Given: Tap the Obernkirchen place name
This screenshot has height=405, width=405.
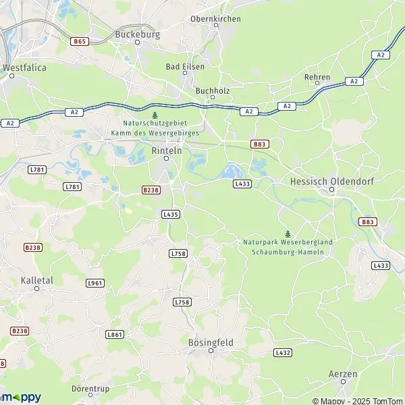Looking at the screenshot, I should pyautogui.click(x=215, y=19).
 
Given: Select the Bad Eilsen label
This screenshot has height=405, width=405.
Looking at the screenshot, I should pyautogui.click(x=185, y=67).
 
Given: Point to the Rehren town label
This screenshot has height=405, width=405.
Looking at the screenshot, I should pyautogui.click(x=317, y=77).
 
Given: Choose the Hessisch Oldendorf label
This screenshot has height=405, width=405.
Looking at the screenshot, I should pyautogui.click(x=331, y=182).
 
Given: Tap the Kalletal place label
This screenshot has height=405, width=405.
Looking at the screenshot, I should pyautogui.click(x=37, y=279).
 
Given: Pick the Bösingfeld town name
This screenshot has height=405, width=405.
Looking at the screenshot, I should pyautogui.click(x=210, y=343).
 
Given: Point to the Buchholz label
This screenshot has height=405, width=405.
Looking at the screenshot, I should pyautogui.click(x=212, y=90).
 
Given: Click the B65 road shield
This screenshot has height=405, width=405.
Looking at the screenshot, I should pyautogui.click(x=80, y=41).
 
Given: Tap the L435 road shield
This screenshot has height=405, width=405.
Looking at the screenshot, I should pyautogui.click(x=171, y=214).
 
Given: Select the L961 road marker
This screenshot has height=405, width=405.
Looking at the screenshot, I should pyautogui.click(x=95, y=283).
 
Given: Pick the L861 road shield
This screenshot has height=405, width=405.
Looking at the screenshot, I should pyautogui.click(x=115, y=334).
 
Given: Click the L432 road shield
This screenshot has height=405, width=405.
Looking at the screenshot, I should pyautogui.click(x=283, y=352).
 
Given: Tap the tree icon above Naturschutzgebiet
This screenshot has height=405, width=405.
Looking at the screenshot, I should pyautogui.click(x=155, y=115).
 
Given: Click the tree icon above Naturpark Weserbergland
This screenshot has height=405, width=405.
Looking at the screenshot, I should pyautogui.click(x=288, y=234).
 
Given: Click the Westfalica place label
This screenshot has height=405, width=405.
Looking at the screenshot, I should pyautogui.click(x=22, y=67).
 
